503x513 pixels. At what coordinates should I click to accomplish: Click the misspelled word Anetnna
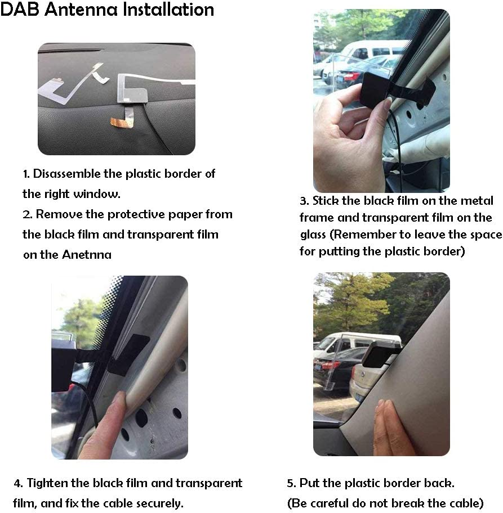(89, 255)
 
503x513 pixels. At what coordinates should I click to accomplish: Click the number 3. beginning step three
(304, 201)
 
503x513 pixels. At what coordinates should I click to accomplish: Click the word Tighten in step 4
(46, 483)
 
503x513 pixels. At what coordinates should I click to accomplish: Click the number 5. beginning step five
(291, 483)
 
